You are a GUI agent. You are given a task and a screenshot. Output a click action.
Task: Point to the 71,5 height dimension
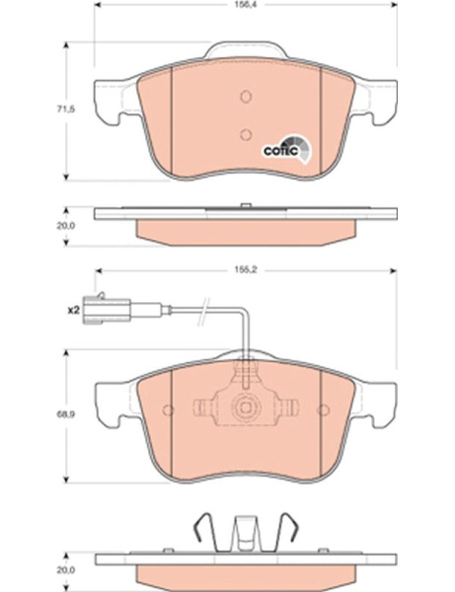pos(66,110)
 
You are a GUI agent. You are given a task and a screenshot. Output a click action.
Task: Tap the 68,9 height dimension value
pos(66,414)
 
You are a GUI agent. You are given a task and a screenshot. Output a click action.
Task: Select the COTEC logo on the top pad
pos(288,150)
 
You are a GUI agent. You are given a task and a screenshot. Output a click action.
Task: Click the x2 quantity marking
pos(73,311)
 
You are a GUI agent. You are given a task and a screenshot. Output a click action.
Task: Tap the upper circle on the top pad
pos(246,97)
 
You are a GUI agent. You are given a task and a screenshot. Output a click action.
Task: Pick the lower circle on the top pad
pos(246,134)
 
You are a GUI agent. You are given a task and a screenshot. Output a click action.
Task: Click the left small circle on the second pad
pos(168,410)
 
